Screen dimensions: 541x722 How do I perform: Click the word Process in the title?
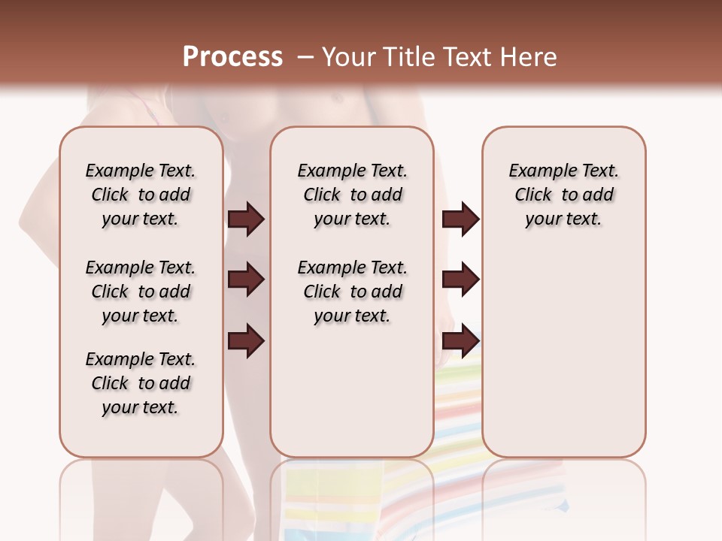point(232,56)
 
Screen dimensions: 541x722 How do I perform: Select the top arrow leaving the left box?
point(246,219)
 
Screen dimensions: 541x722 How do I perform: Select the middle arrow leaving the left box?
point(246,280)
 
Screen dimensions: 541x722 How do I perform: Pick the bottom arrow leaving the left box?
point(246,341)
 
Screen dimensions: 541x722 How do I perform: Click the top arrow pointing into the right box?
point(460,219)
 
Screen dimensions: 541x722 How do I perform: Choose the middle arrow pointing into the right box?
point(460,280)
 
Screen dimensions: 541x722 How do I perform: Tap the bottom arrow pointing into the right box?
point(460,341)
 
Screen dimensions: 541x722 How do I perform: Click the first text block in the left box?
point(141,195)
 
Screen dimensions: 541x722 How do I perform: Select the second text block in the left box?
point(141,292)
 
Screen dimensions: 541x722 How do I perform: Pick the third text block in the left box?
point(141,383)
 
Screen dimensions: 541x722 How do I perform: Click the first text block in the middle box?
point(352,195)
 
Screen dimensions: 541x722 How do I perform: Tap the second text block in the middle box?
point(352,292)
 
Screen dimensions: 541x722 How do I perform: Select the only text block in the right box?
point(564,195)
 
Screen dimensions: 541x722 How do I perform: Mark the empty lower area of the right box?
point(564,353)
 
